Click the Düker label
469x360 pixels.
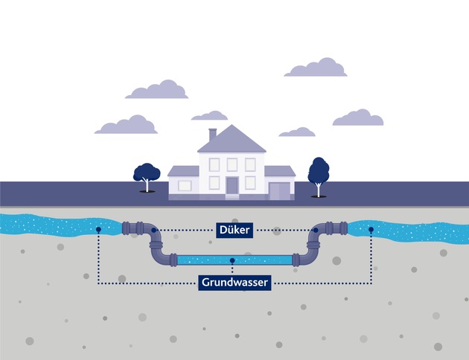tap(234, 231)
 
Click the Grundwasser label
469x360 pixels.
tap(234, 283)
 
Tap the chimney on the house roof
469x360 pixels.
tap(212, 134)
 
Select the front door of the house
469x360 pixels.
tap(232, 185)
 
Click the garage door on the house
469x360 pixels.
tap(278, 190)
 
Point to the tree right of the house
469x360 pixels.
tap(319, 173)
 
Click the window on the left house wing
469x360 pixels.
tap(184, 184)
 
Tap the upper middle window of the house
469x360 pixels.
tap(232, 164)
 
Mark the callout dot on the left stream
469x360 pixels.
tap(98, 230)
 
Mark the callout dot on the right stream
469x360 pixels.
tap(371, 230)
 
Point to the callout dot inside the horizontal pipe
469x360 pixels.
tap(233, 260)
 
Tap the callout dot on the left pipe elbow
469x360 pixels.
tap(153, 231)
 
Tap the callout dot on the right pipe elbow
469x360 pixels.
tap(316, 231)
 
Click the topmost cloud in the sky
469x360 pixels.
tap(316, 67)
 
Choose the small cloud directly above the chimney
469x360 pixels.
tap(209, 116)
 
